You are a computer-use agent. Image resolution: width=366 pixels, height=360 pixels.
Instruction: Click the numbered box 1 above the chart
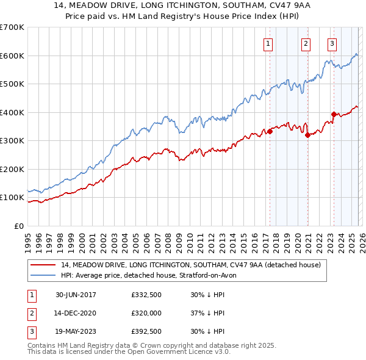[x=268, y=43]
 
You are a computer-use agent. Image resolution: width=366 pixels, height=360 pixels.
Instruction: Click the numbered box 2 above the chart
[x=306, y=43]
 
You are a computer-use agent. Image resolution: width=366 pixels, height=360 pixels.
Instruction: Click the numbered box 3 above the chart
[x=332, y=43]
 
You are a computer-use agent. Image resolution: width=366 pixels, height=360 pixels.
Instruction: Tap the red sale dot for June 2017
[x=270, y=131]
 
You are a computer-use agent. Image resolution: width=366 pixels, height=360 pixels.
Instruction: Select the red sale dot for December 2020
[x=307, y=135]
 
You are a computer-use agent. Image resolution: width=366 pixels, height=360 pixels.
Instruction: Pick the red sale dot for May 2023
[x=334, y=114]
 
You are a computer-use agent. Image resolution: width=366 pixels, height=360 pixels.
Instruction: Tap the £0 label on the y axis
[x=18, y=226]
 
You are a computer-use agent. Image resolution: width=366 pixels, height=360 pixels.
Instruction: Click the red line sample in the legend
[x=44, y=265]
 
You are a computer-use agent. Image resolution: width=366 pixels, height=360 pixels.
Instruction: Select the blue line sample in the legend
[x=44, y=275]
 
